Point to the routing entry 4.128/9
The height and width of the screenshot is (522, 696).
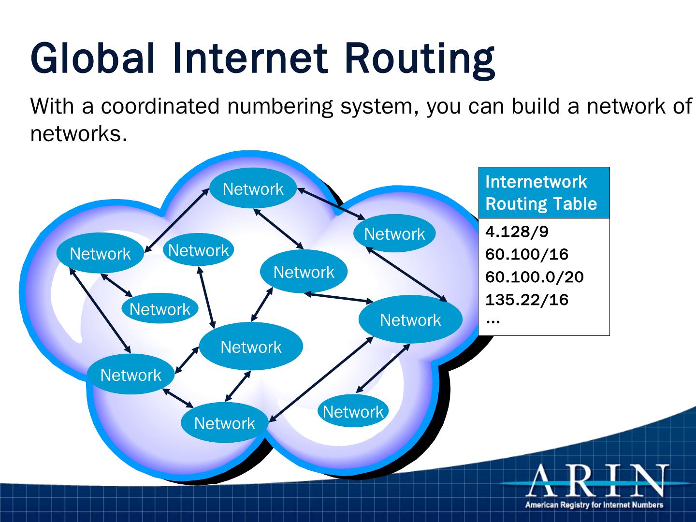(517, 232)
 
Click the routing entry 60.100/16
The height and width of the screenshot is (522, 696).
(527, 254)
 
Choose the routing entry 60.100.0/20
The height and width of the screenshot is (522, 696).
(534, 277)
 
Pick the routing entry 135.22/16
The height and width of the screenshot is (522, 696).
(527, 300)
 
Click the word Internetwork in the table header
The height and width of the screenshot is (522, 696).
(536, 182)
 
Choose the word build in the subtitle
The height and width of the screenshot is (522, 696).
(534, 106)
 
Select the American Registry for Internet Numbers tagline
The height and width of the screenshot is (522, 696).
(594, 505)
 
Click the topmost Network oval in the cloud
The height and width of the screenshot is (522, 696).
(253, 189)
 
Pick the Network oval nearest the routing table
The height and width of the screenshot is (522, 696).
(410, 319)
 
